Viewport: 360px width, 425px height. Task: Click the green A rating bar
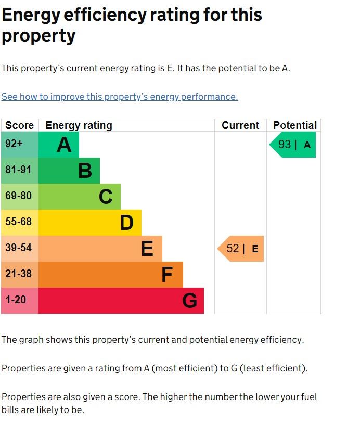(x=59, y=145)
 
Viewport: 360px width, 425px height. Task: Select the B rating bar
(x=69, y=171)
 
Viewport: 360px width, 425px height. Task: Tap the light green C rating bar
(x=80, y=197)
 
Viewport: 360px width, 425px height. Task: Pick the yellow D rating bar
(x=90, y=223)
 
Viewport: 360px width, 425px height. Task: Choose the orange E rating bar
(x=100, y=249)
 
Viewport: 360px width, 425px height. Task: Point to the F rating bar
(x=111, y=275)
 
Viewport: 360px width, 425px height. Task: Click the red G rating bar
(x=121, y=301)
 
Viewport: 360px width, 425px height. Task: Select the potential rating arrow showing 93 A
(x=293, y=145)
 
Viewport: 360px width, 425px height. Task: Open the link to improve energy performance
(x=120, y=97)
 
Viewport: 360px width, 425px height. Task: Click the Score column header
(x=20, y=125)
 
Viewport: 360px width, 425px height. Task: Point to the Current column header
(x=240, y=125)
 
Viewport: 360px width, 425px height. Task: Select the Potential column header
(x=294, y=125)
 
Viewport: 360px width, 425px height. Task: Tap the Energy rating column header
(x=79, y=125)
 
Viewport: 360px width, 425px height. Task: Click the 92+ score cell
(x=20, y=145)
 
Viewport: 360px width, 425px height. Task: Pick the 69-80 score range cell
(x=20, y=197)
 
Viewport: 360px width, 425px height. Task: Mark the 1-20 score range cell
(x=20, y=301)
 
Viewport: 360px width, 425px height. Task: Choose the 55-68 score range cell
(x=20, y=223)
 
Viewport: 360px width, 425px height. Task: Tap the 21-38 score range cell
(x=20, y=275)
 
